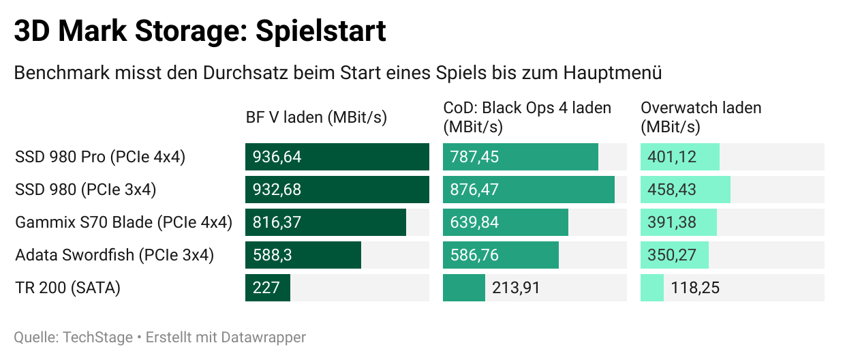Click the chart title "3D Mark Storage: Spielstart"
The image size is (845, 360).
coord(200,31)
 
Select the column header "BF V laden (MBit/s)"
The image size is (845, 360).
coord(316,117)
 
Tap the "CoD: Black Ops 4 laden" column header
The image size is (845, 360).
coord(527,108)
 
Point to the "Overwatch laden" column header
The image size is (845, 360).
coord(701,108)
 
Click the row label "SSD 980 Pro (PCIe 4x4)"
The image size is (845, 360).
coord(100,157)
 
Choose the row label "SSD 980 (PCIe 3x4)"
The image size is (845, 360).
coord(85,190)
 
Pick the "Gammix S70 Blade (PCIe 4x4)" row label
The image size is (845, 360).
coord(123,222)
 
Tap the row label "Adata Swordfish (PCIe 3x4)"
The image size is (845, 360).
coord(114,255)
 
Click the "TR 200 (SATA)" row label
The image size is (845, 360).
coord(67,288)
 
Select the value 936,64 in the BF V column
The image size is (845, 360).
coord(277,157)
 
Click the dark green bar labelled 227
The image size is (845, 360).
coord(267,288)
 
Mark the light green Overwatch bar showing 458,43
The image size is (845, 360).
coord(685,190)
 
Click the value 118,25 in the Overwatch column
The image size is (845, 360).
coord(695,288)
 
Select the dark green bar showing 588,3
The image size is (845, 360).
coord(303,255)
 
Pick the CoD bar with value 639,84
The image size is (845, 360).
coord(505,222)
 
